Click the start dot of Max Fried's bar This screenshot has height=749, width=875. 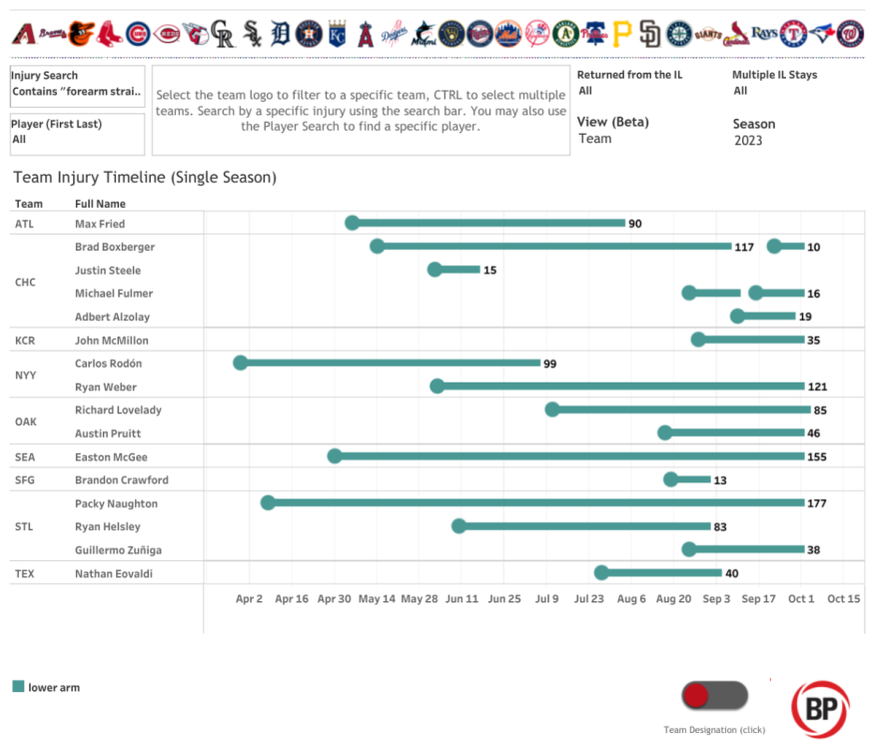(352, 223)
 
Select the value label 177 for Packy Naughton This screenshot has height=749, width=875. (816, 503)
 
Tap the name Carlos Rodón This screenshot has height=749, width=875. (108, 364)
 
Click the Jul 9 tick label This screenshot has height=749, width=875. (546, 599)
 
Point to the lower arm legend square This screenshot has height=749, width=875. (18, 687)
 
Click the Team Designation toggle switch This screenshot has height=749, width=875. (713, 696)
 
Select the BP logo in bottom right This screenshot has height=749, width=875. (820, 710)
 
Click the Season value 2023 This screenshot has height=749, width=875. (748, 141)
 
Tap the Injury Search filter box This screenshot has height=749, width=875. (77, 84)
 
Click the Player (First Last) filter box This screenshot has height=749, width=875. (77, 133)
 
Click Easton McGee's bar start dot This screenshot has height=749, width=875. (335, 456)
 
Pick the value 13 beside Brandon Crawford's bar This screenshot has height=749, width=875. (720, 480)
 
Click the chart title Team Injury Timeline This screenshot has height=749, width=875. (145, 178)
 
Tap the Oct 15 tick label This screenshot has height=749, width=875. (843, 599)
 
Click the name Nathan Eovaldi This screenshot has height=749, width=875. (112, 573)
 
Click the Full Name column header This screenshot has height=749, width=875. (100, 204)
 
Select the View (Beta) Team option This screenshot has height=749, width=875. (595, 139)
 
